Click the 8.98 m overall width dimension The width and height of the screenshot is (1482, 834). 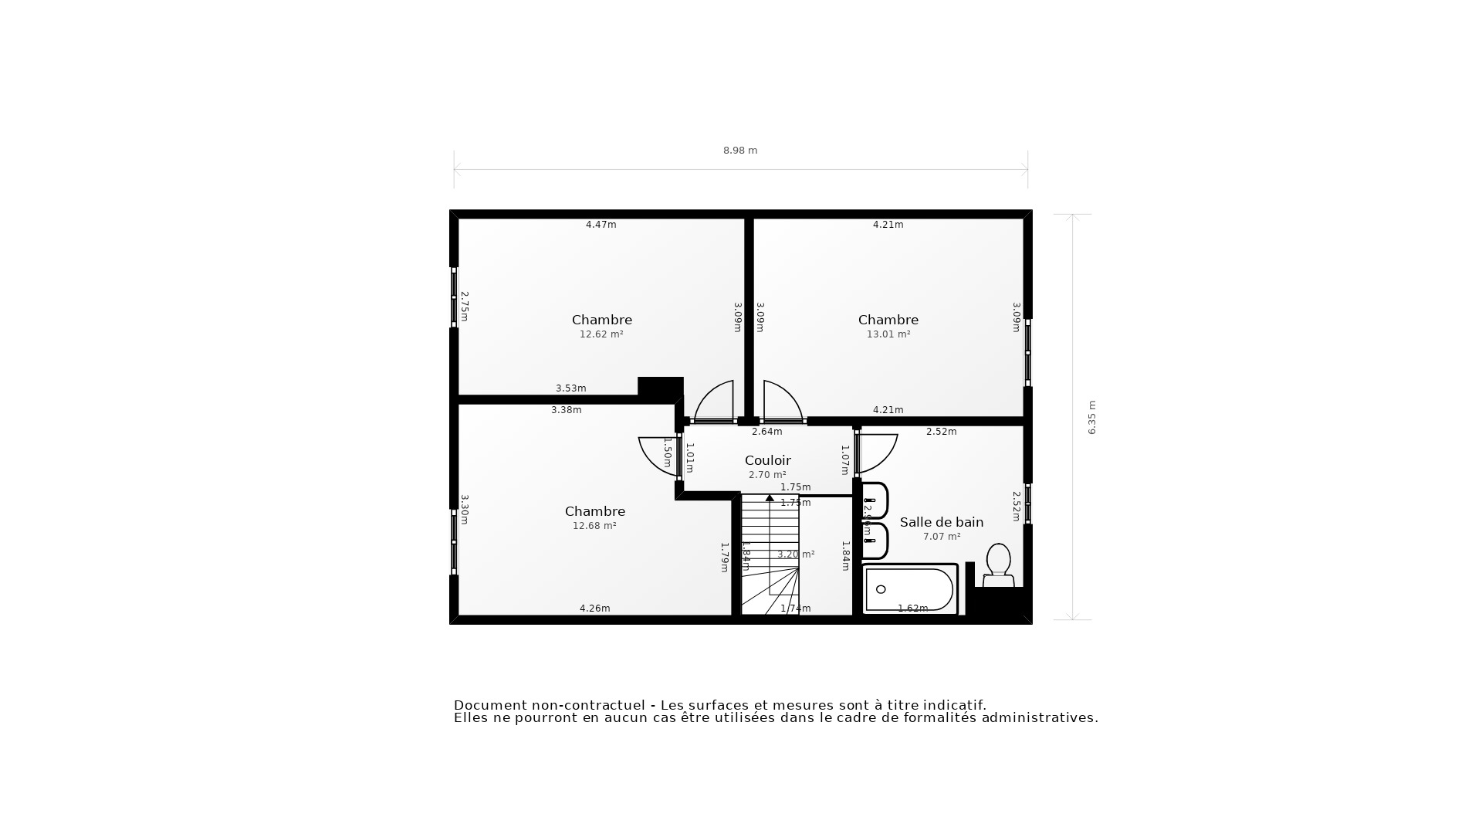click(x=739, y=151)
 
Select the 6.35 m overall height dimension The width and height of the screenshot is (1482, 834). click(x=1092, y=418)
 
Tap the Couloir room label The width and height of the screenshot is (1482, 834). click(x=767, y=460)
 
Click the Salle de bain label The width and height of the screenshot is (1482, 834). click(x=941, y=522)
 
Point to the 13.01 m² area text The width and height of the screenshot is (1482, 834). click(x=888, y=334)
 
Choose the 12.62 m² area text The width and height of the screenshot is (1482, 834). click(x=601, y=334)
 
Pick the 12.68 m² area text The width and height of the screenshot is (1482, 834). click(x=594, y=526)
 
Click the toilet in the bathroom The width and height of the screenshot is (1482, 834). click(x=998, y=564)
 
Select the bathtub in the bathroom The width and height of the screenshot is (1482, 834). click(x=909, y=589)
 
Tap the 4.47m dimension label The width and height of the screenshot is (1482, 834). click(x=601, y=225)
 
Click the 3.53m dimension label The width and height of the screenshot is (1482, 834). click(x=570, y=388)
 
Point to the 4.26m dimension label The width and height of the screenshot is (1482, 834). click(x=594, y=609)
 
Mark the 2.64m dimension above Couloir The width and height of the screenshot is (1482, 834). click(x=766, y=432)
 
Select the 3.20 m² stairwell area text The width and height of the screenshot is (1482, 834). click(x=796, y=554)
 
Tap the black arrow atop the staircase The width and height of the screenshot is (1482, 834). click(x=770, y=499)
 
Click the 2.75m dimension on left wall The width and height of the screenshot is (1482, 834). click(x=465, y=306)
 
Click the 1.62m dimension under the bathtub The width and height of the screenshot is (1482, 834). click(x=912, y=609)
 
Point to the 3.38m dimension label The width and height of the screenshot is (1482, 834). click(x=566, y=410)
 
